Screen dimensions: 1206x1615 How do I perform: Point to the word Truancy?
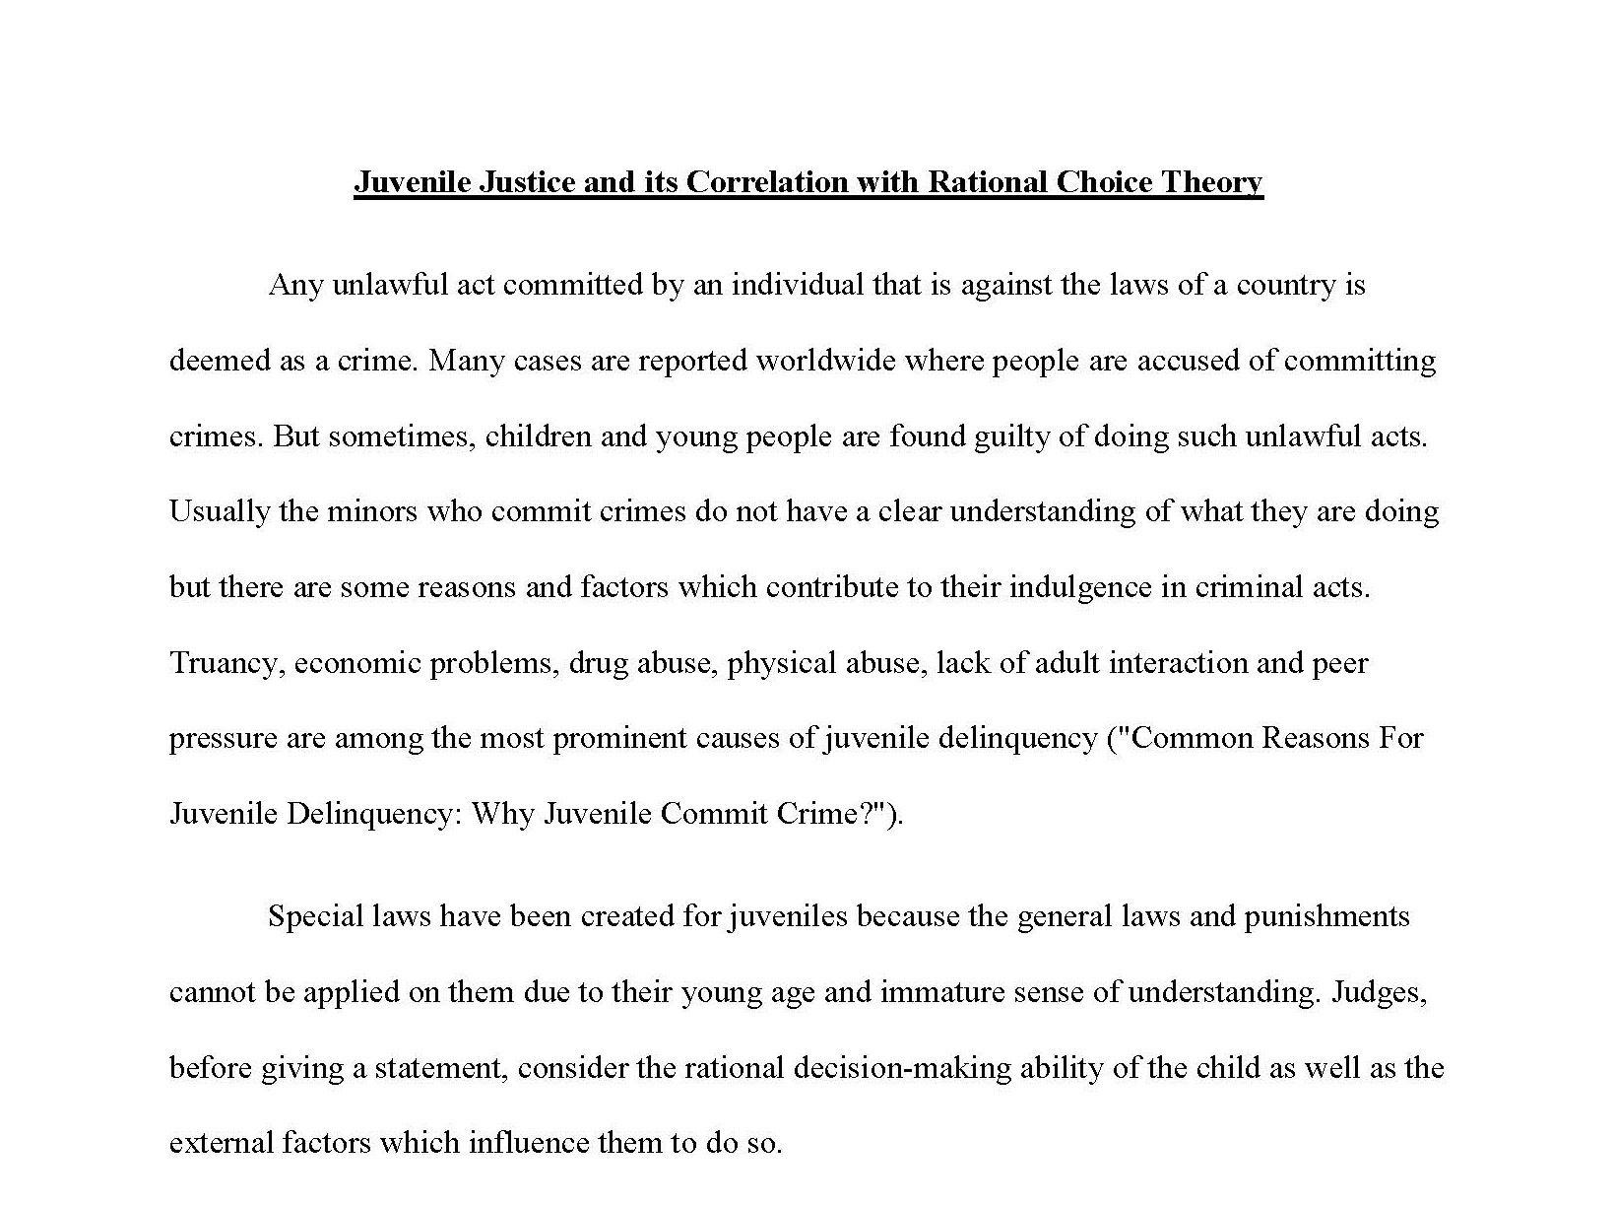point(226,663)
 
